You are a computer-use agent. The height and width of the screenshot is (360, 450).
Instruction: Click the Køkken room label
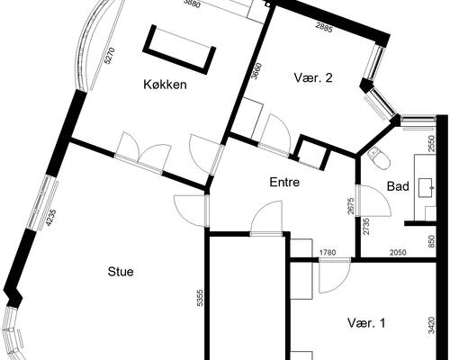[164, 85]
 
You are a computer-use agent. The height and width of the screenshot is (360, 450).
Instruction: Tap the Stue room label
[121, 269]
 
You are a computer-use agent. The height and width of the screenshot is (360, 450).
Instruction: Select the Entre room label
[284, 183]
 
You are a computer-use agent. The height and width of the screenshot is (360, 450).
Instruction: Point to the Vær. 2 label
[315, 78]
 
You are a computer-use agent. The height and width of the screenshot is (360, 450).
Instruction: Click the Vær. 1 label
[366, 322]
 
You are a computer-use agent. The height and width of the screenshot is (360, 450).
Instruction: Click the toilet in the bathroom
[378, 159]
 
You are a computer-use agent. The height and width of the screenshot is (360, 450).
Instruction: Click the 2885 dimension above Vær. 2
[325, 30]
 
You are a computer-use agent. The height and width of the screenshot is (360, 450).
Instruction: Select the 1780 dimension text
[329, 253]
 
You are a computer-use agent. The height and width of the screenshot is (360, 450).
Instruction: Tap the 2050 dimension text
[397, 253]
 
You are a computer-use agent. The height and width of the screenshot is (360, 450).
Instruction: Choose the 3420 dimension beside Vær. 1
[433, 325]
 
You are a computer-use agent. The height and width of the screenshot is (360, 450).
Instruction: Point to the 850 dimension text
[433, 240]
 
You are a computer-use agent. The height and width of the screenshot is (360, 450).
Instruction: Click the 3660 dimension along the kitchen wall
[257, 71]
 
